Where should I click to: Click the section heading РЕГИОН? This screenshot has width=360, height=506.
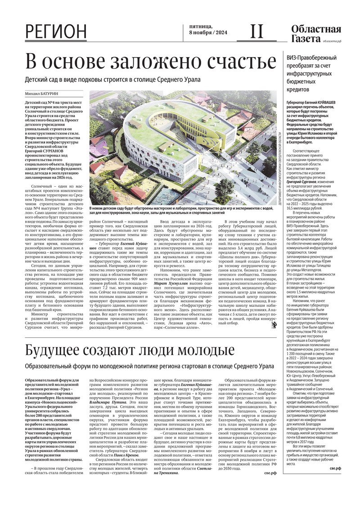point(56,32)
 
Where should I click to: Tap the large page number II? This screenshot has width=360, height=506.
point(256,31)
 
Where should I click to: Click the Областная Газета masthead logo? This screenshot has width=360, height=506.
point(315,34)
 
